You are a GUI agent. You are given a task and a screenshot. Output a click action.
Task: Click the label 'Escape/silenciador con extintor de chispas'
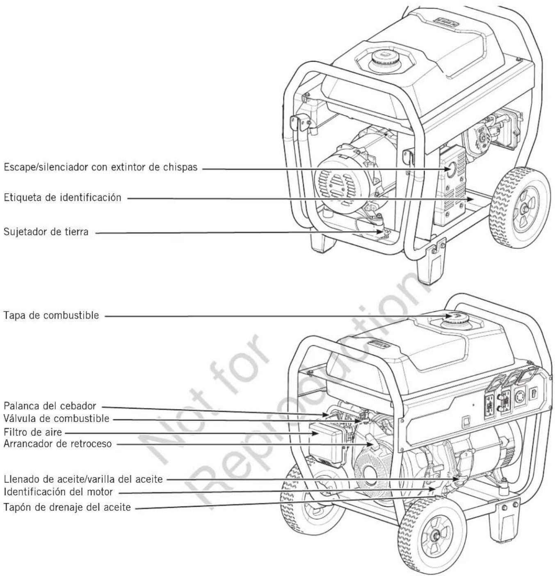point(100,167)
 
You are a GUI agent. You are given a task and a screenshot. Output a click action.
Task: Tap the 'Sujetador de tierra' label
point(46,232)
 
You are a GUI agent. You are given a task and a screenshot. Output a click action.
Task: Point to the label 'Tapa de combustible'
point(51,315)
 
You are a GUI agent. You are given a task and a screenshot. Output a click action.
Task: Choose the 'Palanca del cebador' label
point(50,406)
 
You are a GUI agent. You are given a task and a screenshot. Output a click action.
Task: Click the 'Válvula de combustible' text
point(57,418)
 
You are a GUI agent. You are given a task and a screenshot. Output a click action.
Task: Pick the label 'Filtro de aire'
point(33,432)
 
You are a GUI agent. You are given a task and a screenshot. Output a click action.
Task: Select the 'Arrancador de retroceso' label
point(58,444)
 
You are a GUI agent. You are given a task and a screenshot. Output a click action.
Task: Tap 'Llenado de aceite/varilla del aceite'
point(83,479)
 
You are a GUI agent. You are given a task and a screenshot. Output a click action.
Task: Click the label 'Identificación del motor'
point(58,492)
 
